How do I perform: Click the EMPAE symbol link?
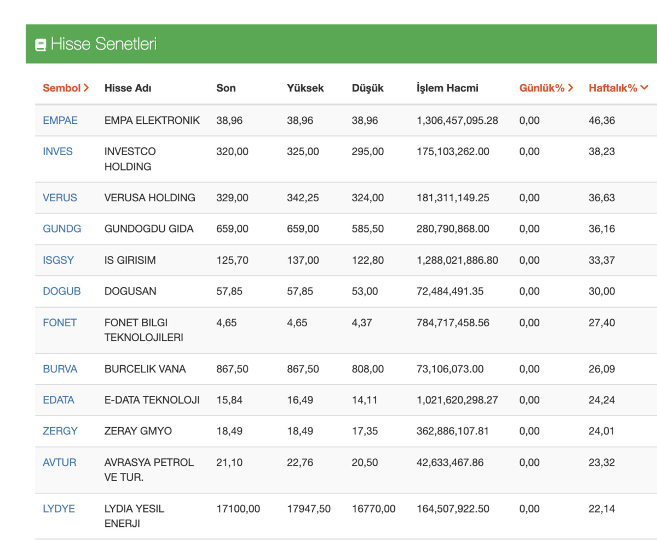click(x=60, y=121)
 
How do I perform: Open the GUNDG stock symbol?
click(x=62, y=229)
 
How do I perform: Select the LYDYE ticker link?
click(x=59, y=509)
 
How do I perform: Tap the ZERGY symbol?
click(x=60, y=431)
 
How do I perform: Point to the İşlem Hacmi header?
click(x=447, y=88)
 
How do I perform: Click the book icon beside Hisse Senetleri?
click(x=41, y=45)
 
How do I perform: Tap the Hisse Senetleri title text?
click(x=103, y=44)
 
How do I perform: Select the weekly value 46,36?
click(x=602, y=121)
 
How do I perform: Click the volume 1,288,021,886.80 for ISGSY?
click(x=457, y=260)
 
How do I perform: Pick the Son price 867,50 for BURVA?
click(x=232, y=369)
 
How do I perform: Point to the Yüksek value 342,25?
click(x=303, y=198)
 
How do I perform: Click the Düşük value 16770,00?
click(x=373, y=509)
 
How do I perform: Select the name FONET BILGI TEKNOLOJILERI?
click(x=143, y=329)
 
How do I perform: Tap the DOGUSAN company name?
click(x=130, y=291)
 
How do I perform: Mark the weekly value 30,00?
click(x=602, y=291)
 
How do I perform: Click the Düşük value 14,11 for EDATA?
click(x=365, y=400)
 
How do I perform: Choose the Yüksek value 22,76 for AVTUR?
click(x=300, y=462)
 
